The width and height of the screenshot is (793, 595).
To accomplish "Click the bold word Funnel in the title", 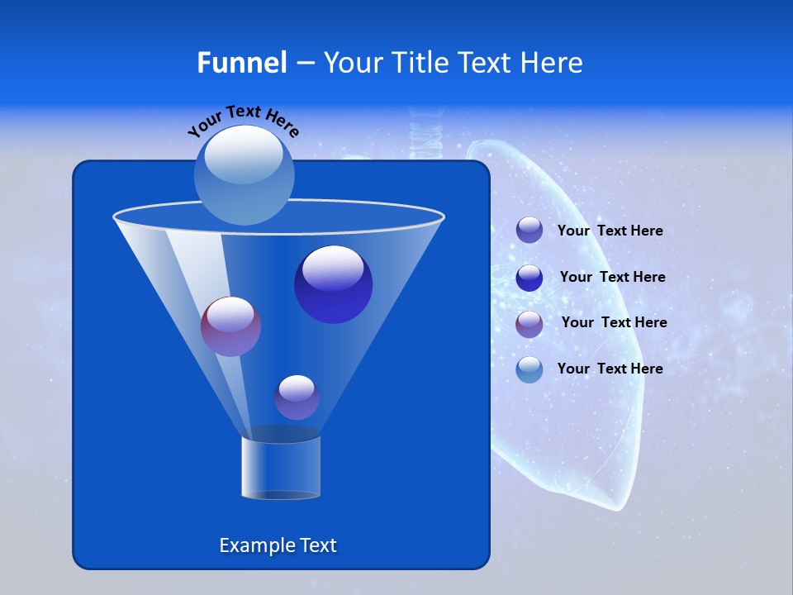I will [x=241, y=63].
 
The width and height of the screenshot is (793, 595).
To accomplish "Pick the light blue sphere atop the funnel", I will [x=244, y=175].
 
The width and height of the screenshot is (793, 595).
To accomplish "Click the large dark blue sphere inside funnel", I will [x=333, y=284].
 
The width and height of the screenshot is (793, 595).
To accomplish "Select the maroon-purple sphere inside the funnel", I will [x=230, y=326].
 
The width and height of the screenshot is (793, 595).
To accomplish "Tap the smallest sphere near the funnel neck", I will [x=297, y=397].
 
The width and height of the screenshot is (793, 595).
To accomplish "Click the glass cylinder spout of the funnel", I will [x=280, y=467].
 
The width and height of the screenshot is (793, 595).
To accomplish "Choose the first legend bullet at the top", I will [x=529, y=231].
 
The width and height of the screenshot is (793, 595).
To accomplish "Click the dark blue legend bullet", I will [x=529, y=277].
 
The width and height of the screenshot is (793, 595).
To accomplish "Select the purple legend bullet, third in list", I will [x=529, y=323].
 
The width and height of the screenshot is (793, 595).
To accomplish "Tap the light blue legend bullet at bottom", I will [x=529, y=369].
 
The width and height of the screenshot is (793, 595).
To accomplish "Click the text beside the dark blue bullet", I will [x=612, y=277].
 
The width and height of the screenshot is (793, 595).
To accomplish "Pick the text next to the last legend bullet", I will [x=610, y=369].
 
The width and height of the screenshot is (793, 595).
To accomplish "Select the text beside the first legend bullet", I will [x=610, y=231].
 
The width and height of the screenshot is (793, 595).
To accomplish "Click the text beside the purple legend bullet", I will [x=614, y=322].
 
